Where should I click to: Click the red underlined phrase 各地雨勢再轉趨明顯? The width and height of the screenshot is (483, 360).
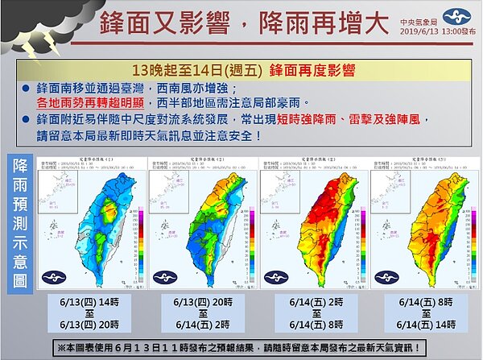(x=104, y=103)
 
